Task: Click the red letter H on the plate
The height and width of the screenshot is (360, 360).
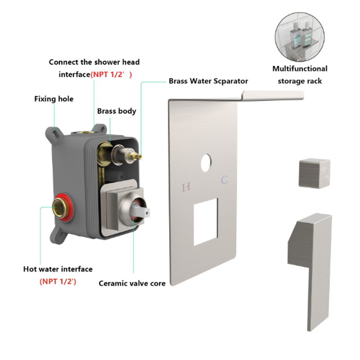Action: coord(186,187)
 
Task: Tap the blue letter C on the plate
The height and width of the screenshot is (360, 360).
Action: coord(224,180)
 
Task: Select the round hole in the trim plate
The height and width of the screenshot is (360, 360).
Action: coord(206,163)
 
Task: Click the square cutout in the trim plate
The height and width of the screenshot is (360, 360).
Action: coord(206,222)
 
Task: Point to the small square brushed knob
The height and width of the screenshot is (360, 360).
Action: coord(314,173)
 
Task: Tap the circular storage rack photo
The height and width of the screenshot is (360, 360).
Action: coord(300,37)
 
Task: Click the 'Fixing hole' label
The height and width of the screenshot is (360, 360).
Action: coord(54,99)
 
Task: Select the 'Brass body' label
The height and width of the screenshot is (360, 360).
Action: coord(117,111)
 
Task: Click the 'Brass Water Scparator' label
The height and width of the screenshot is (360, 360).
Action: coord(208,81)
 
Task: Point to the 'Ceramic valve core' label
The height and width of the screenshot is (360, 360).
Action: coord(132,283)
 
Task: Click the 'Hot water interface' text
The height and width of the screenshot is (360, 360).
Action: coord(58,269)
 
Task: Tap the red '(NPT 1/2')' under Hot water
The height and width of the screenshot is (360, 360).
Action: coord(58,282)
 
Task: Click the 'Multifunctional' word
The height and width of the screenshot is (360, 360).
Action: coord(300,69)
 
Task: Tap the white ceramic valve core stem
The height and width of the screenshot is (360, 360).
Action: coord(140,211)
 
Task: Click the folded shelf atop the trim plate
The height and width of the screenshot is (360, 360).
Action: coord(273,95)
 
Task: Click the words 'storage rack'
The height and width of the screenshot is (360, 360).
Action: coord(300,81)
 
